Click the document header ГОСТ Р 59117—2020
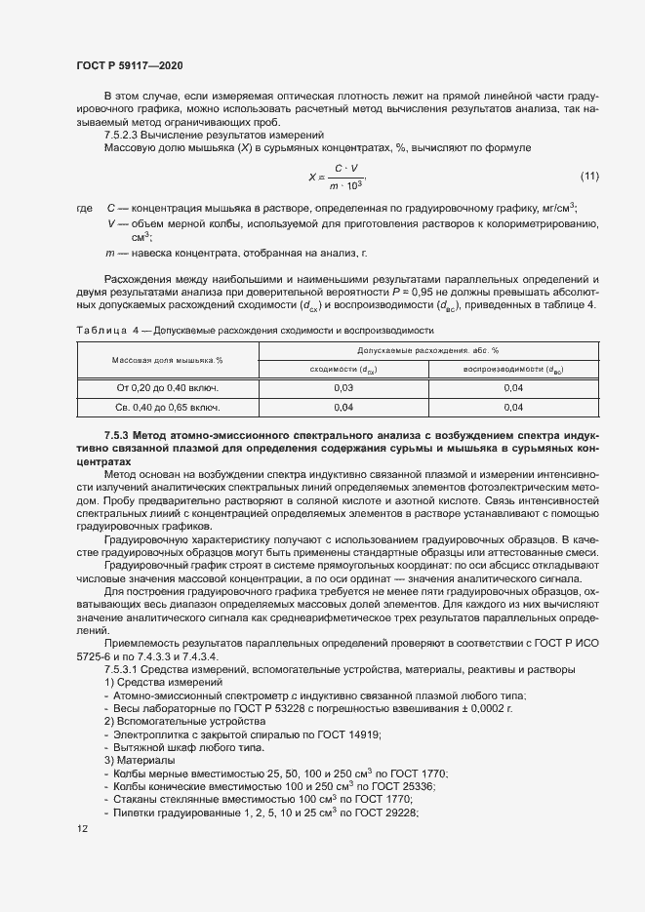(x=129, y=65)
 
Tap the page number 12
(x=82, y=828)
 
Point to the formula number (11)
(x=589, y=177)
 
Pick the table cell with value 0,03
(x=343, y=387)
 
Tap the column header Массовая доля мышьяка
(x=168, y=359)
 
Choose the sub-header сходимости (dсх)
(x=343, y=369)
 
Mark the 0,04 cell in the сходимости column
(x=343, y=407)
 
